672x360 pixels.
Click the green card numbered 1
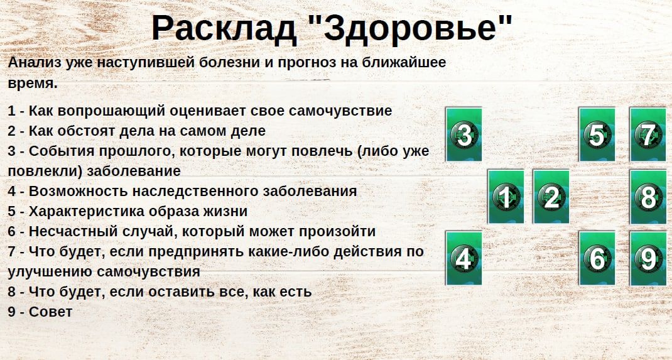[506, 197]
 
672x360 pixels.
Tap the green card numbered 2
[551, 197]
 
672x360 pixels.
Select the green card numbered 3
[463, 134]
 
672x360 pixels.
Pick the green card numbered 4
[463, 258]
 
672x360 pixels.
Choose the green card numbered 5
[597, 134]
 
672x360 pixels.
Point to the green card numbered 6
[597, 258]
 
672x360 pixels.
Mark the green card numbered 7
[648, 134]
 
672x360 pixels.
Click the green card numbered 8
[648, 197]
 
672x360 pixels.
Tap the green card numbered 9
[648, 258]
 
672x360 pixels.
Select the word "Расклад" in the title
[224, 29]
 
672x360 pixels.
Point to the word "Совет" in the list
[51, 312]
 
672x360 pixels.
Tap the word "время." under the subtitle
[33, 84]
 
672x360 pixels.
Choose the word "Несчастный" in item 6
[71, 231]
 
